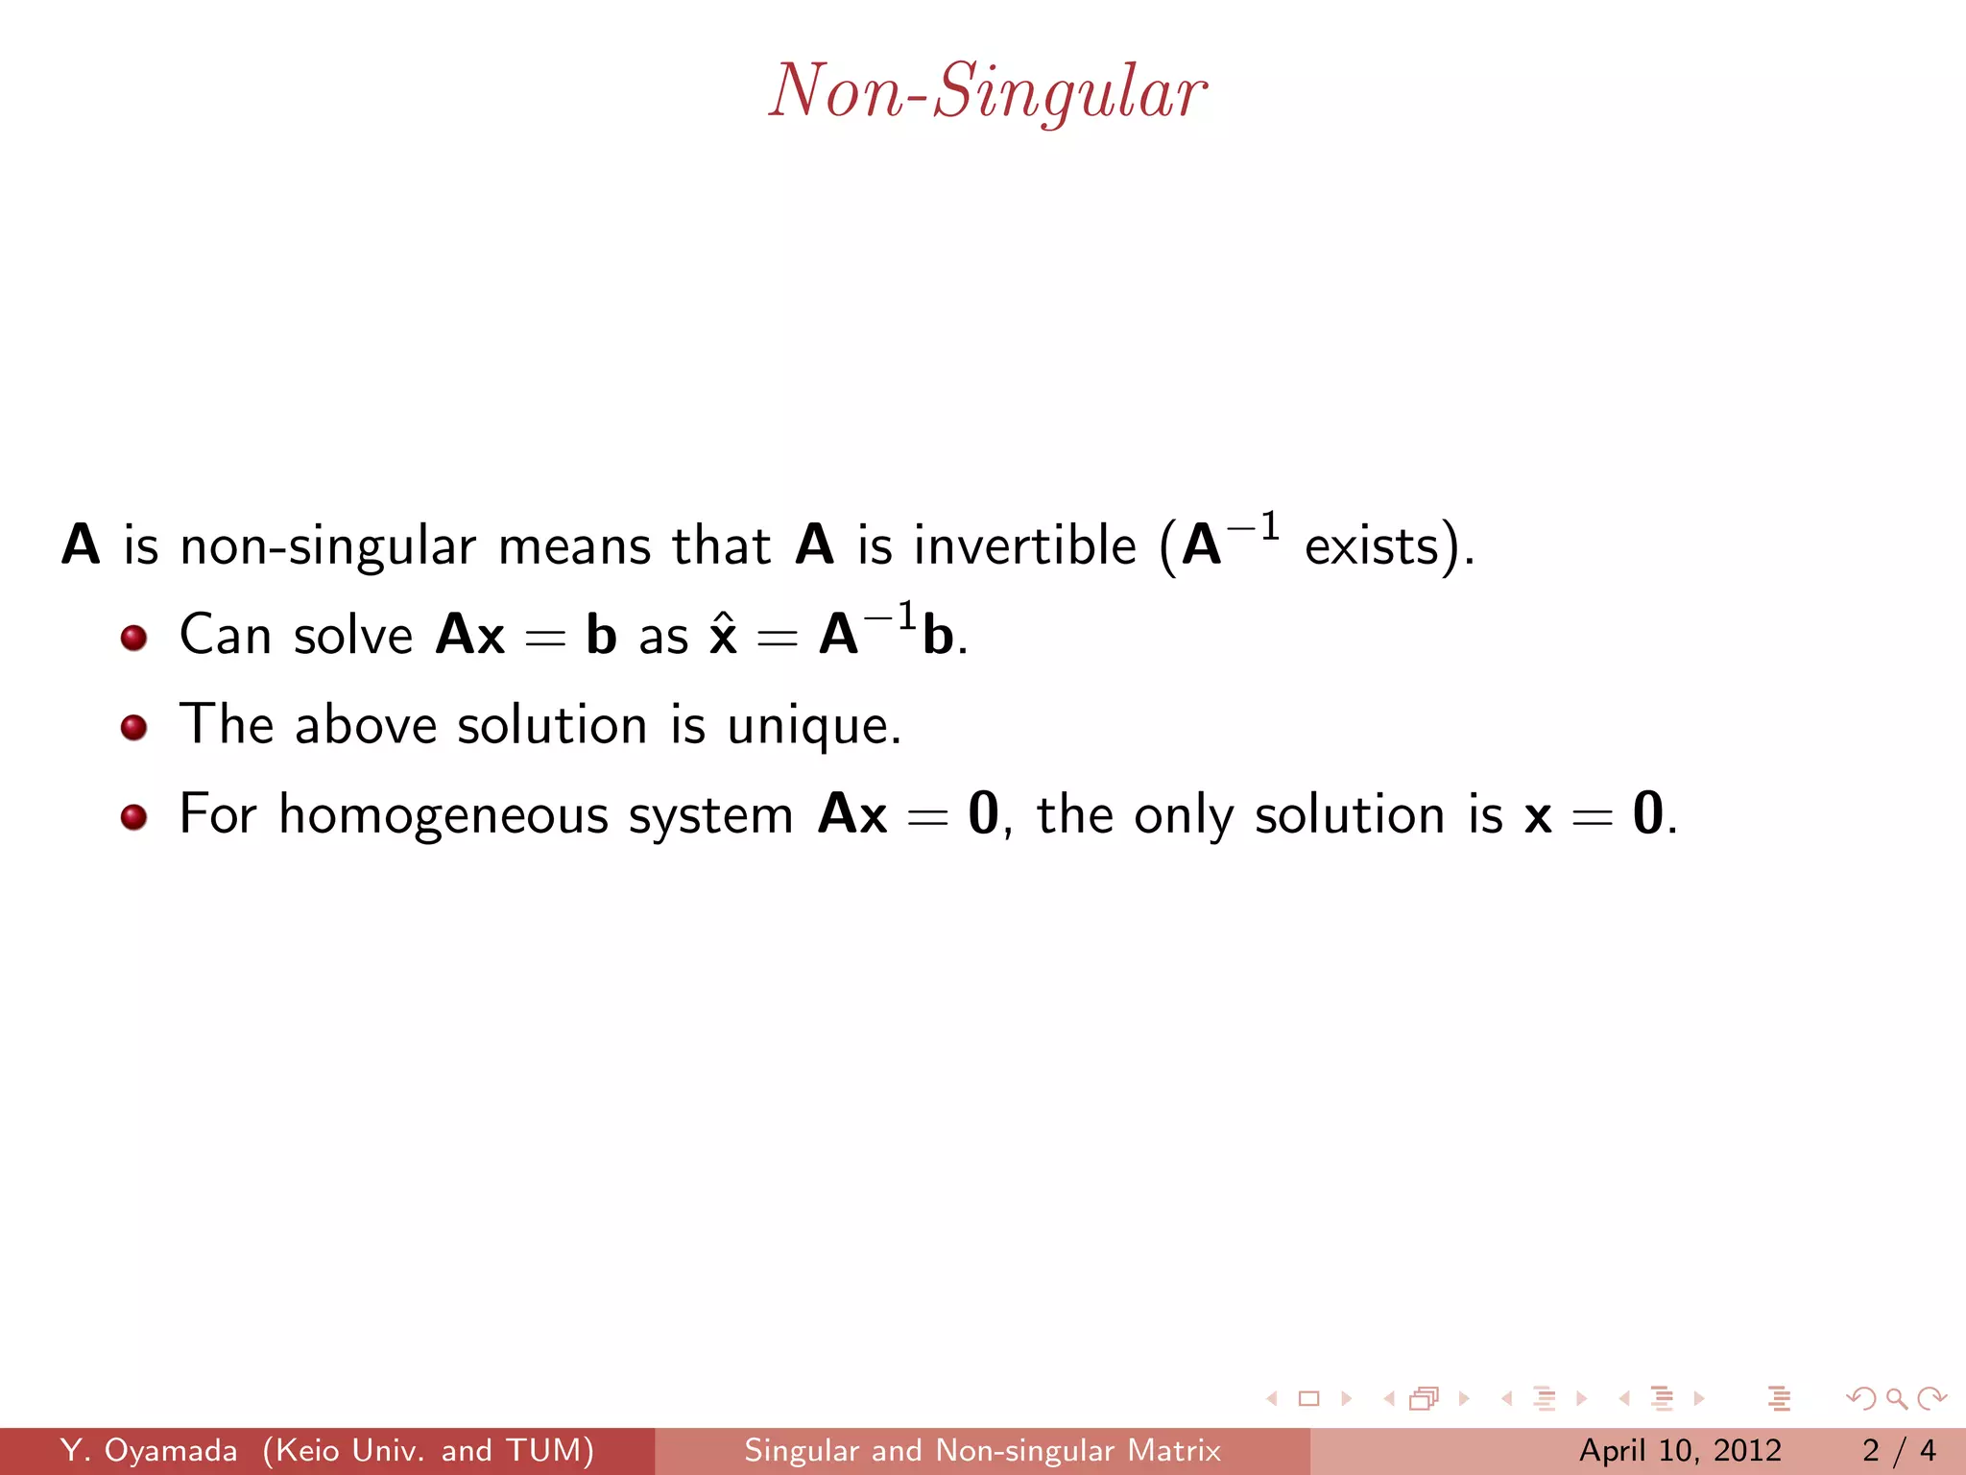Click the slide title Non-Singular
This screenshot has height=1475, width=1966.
click(987, 91)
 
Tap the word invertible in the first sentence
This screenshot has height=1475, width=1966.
click(1024, 545)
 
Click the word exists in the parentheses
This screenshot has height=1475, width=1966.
click(1371, 545)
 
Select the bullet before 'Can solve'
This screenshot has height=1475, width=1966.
click(133, 638)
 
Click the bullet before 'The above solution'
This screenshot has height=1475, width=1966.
click(133, 727)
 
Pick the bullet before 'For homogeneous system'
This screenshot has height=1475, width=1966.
click(133, 816)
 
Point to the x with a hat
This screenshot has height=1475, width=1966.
click(723, 636)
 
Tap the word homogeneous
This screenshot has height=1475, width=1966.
click(444, 816)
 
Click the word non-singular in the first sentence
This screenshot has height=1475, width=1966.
click(327, 545)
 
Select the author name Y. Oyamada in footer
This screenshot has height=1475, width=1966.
click(149, 1450)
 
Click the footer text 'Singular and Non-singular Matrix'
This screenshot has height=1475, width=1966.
click(982, 1450)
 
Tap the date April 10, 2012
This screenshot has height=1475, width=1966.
click(1680, 1450)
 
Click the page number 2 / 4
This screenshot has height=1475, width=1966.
click(1898, 1450)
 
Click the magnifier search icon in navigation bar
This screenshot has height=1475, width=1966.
click(1896, 1398)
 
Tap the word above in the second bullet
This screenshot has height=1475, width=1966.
click(366, 725)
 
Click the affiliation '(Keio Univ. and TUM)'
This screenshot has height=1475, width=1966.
click(428, 1450)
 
